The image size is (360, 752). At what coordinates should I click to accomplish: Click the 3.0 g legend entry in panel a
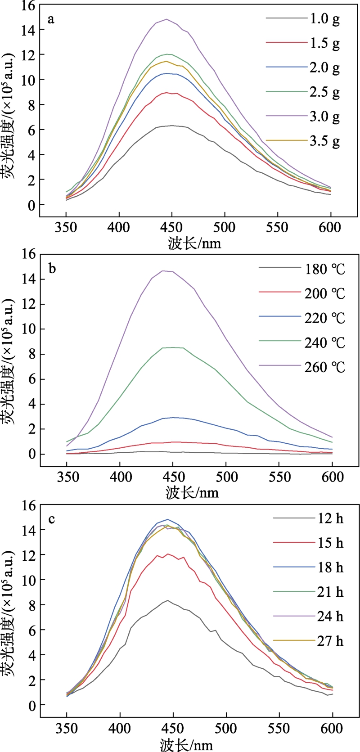(324, 117)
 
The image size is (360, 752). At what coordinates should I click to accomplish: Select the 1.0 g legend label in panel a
(324, 19)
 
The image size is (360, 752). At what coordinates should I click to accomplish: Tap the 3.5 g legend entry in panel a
(324, 141)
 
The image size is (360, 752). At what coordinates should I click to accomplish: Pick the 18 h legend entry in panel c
(330, 567)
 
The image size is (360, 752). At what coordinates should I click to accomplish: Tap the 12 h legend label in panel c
(330, 518)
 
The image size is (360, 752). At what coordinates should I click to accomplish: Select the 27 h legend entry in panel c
(330, 641)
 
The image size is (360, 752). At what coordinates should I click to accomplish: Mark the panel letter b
(52, 269)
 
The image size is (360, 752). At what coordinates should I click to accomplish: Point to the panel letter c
(52, 519)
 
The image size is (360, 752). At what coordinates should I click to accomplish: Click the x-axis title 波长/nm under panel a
(195, 243)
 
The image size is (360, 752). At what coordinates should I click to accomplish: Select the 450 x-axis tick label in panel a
(172, 227)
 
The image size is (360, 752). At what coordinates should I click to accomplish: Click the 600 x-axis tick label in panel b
(333, 477)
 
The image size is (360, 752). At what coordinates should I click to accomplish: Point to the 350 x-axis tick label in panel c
(67, 728)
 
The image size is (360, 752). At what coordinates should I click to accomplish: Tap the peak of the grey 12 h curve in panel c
(167, 600)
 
